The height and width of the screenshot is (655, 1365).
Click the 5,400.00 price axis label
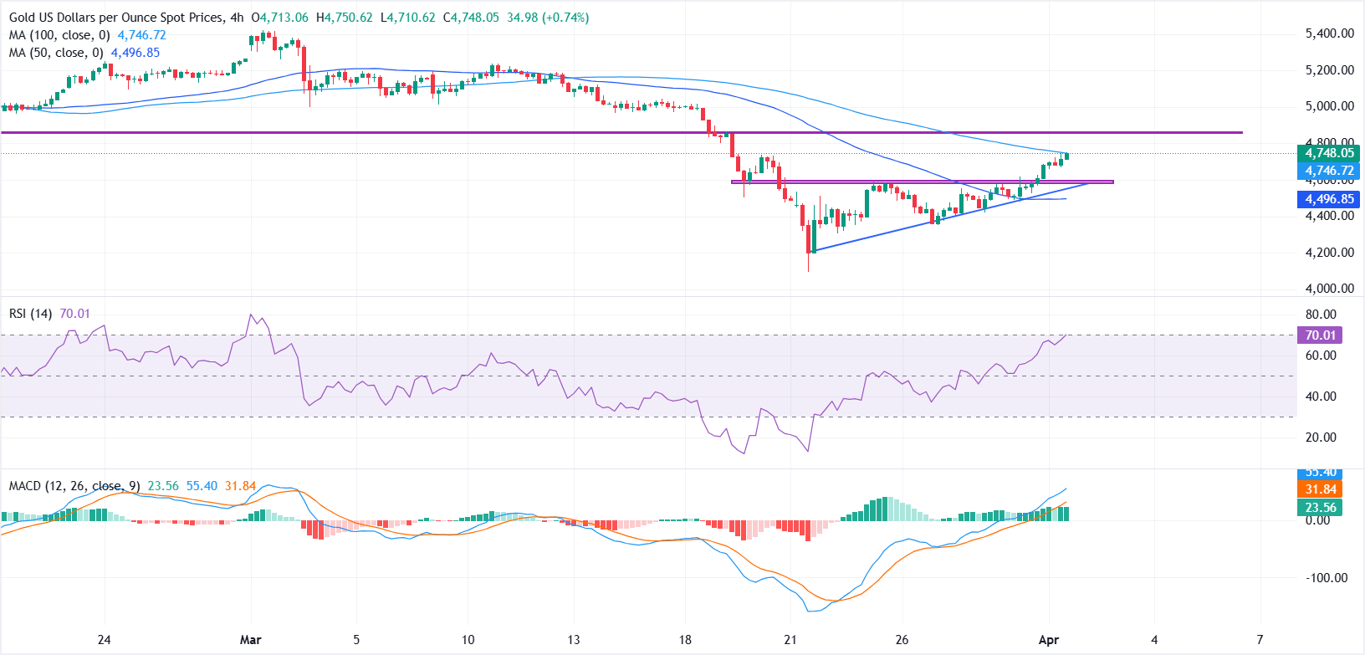1329,33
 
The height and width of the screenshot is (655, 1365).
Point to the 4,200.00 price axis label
1329,252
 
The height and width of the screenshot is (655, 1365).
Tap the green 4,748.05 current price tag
1329,153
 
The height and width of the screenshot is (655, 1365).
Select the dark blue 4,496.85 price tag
1329,199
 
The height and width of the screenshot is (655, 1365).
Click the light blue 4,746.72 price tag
1329,171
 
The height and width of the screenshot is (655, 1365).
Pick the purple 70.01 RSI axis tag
1321,335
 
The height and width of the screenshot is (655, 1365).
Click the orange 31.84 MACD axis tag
1321,489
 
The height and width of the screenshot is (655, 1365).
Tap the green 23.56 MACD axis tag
1321,507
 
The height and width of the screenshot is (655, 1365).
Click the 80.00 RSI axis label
1321,315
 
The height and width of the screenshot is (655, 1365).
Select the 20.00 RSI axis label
1321,437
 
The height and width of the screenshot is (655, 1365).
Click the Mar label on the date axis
250,640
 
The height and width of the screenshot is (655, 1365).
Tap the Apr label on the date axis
1048,640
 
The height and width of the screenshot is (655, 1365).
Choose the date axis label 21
790,640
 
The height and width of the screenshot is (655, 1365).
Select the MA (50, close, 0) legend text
56,53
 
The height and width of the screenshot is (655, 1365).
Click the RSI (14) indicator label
30,313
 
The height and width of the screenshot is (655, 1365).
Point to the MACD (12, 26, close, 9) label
74,485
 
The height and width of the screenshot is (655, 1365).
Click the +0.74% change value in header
564,18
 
